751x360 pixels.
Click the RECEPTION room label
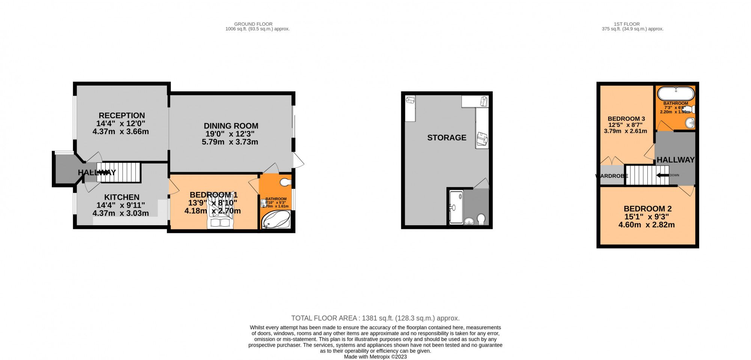[121, 116]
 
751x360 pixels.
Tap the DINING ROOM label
[231, 126]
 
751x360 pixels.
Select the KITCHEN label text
[122, 197]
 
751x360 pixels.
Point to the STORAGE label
[446, 138]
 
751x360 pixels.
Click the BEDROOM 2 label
[647, 209]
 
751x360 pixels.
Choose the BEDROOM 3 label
[626, 119]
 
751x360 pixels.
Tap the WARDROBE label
[611, 176]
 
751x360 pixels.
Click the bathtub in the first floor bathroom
[676, 93]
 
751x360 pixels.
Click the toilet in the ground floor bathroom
[286, 182]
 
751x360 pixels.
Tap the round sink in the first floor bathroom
[690, 123]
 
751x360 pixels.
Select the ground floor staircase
[118, 172]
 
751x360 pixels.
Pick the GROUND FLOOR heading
[253, 24]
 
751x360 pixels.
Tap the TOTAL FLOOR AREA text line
[375, 318]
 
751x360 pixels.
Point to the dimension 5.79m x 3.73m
[230, 142]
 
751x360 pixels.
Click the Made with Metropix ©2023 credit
[375, 357]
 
